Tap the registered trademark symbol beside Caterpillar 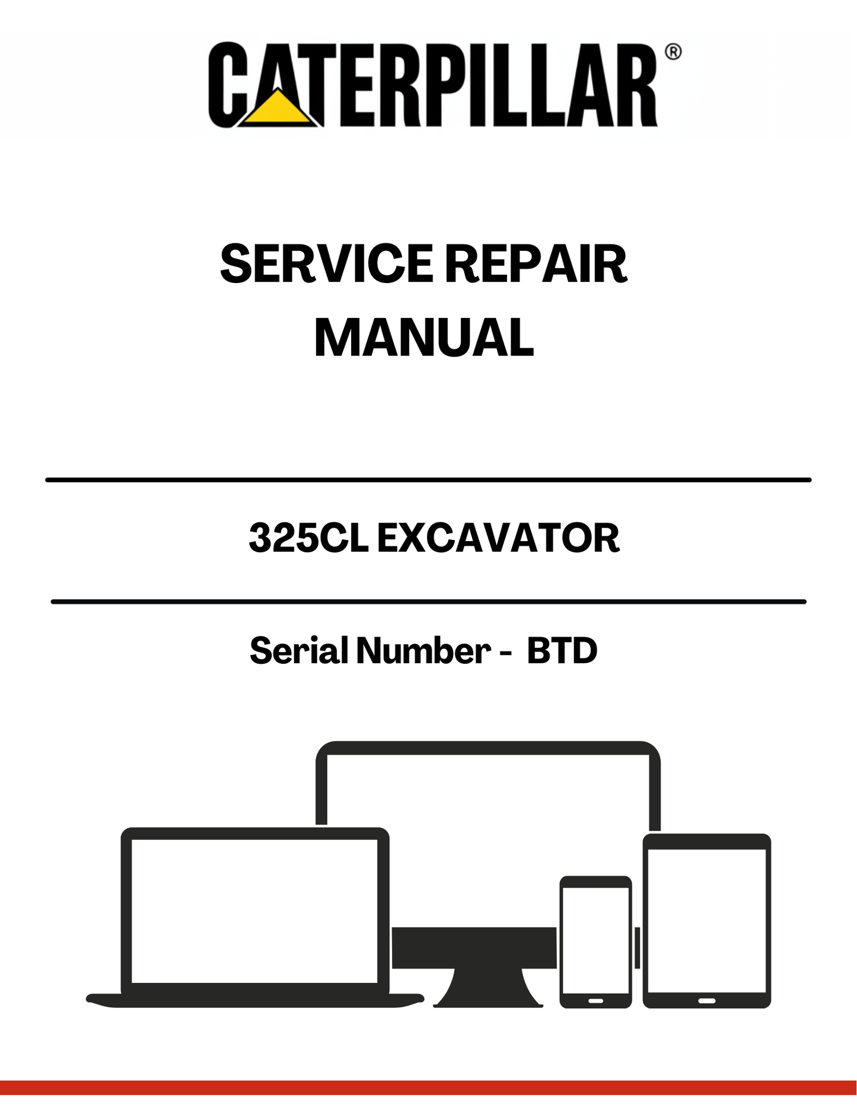[x=673, y=52]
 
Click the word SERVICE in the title [x=327, y=264]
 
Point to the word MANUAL [x=424, y=338]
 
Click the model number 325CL [x=308, y=538]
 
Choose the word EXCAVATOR [x=498, y=538]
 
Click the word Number [x=423, y=650]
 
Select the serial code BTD [x=562, y=650]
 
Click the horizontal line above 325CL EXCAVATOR [x=428, y=479]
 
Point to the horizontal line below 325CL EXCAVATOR [x=428, y=602]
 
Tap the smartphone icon [x=595, y=940]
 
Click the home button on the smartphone [x=595, y=1000]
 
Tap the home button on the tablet [x=706, y=1000]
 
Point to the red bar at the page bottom [x=428, y=1087]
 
